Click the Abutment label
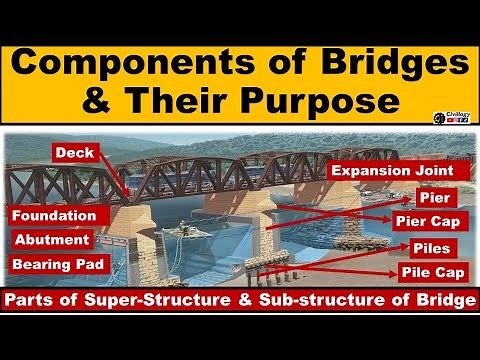[52, 240]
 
